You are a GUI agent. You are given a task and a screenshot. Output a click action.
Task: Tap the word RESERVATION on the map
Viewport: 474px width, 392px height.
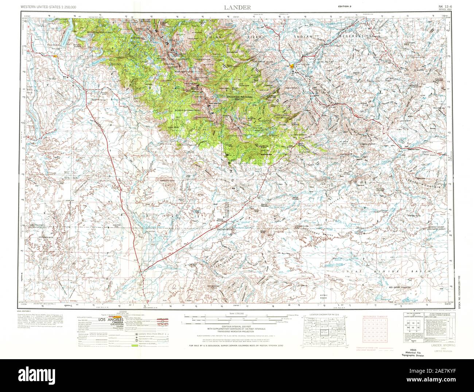coord(356,37)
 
